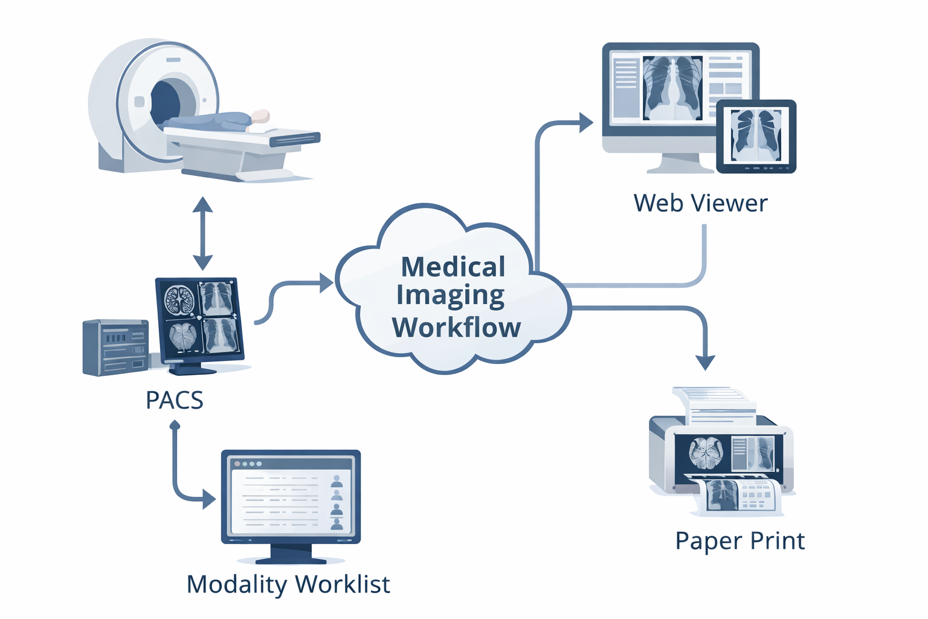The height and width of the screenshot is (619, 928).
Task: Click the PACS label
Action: (174, 400)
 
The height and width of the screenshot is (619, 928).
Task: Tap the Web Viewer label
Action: (700, 203)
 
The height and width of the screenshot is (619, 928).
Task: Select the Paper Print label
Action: (739, 540)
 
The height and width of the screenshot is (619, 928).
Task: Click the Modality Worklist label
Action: (288, 585)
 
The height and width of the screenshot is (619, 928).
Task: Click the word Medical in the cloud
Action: (453, 267)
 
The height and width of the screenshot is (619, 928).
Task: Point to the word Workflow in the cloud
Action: (456, 327)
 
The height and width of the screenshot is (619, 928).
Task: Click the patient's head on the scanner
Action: (260, 116)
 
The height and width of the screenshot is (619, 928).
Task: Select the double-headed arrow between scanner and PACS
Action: (202, 233)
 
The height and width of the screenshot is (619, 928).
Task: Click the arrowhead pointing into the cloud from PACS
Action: (326, 282)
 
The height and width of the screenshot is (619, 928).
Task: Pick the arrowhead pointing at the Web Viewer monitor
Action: (585, 123)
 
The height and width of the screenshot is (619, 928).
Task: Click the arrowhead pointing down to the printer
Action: (705, 362)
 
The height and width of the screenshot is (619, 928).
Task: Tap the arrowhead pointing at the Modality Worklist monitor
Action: (209, 499)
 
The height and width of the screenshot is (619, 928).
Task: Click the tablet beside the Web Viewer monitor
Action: (756, 136)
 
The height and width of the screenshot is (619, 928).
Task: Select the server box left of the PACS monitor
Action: (115, 348)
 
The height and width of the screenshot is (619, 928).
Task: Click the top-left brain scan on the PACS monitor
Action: (179, 300)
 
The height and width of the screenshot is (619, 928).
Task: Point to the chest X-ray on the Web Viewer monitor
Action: (672, 88)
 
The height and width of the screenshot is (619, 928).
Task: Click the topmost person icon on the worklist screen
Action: (337, 481)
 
